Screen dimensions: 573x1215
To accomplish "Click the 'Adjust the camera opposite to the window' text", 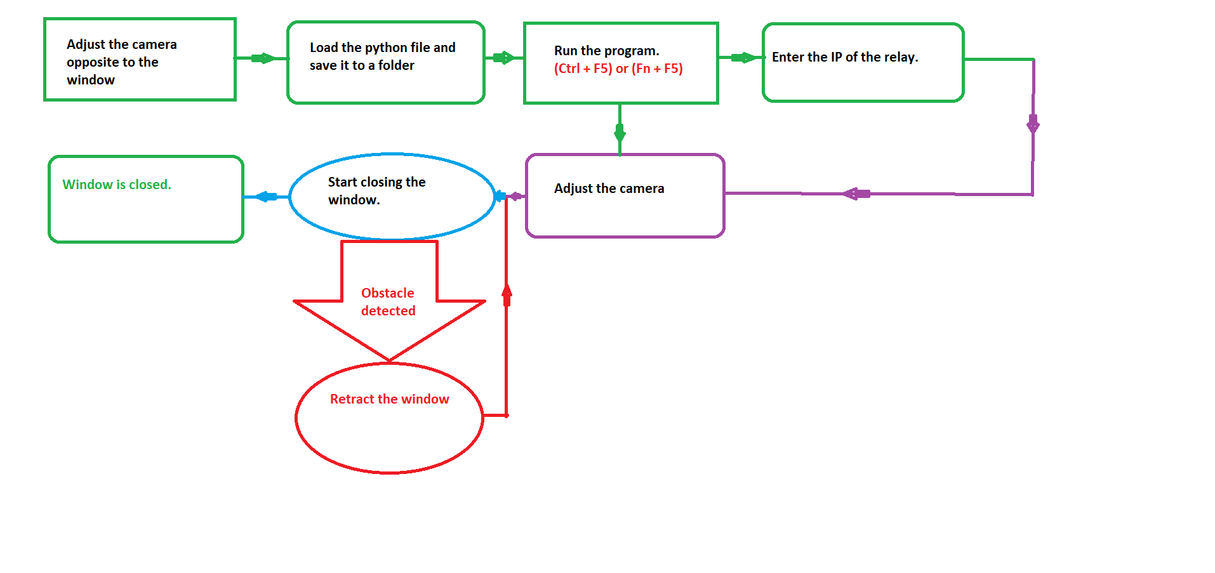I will coord(121,62).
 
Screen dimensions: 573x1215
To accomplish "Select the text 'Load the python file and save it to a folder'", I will coord(382,56).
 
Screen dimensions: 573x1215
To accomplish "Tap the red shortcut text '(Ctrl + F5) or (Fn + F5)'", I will coord(618,69).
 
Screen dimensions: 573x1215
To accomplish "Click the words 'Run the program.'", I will coord(606,51).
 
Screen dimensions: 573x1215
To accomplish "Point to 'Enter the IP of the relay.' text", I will coord(844,57).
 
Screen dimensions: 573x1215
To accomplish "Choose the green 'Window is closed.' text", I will coord(117,185).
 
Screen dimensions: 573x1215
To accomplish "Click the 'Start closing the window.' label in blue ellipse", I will coord(376,191).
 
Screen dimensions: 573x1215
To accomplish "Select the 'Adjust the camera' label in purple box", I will coord(608,188).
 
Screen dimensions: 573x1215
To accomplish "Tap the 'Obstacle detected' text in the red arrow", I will coord(388,302).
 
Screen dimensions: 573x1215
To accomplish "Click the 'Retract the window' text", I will coord(389,399).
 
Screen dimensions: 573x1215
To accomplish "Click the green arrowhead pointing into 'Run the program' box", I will coord(503,58).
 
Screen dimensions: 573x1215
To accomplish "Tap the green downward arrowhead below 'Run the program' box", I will coord(620,133).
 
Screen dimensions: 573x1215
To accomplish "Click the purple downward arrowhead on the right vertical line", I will coord(1033,124).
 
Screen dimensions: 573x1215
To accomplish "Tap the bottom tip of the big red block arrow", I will coord(389,360).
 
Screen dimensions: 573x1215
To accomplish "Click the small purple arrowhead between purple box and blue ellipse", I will coord(516,196).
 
